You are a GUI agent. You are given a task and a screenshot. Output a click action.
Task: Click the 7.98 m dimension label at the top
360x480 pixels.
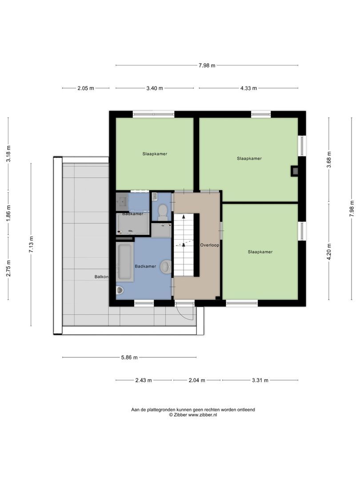(x=207, y=65)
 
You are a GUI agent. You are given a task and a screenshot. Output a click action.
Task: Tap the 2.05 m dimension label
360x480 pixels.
(x=86, y=88)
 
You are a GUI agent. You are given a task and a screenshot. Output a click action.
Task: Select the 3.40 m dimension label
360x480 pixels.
(x=155, y=88)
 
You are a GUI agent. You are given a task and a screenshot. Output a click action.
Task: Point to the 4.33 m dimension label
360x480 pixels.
(x=248, y=88)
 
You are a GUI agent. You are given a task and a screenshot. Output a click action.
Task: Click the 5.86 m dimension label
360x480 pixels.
(x=129, y=357)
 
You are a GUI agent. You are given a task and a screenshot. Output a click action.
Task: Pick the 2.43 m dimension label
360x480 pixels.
(x=144, y=380)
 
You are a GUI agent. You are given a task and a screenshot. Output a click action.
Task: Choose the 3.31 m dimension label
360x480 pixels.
(x=260, y=380)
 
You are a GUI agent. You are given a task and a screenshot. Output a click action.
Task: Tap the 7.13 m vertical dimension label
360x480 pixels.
(x=31, y=244)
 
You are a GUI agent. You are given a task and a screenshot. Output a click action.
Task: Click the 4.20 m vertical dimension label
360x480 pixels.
(x=329, y=252)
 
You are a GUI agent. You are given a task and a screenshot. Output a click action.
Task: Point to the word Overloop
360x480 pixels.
(x=210, y=245)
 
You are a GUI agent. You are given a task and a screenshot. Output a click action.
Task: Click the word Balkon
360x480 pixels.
(x=101, y=277)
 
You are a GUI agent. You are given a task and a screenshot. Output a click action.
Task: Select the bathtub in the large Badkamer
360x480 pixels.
(x=125, y=262)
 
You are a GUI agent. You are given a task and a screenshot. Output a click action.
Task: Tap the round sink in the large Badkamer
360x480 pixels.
(x=166, y=266)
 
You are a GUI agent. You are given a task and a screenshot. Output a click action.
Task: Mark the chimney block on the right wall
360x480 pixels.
(x=294, y=171)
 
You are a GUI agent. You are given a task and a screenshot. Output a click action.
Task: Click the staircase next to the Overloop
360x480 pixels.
(x=184, y=244)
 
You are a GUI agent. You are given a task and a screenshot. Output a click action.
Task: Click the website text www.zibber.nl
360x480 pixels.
(x=202, y=415)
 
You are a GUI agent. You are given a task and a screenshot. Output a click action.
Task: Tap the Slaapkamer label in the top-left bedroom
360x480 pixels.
(x=155, y=154)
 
